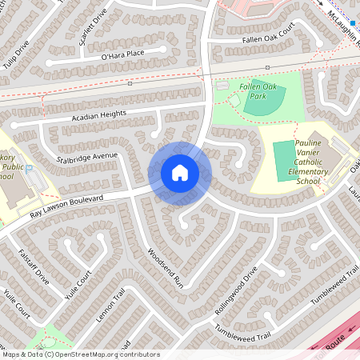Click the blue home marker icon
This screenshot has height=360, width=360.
pos(180,173)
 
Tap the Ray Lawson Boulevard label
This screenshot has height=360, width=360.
pos(68,206)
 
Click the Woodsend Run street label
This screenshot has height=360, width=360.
pos(166,267)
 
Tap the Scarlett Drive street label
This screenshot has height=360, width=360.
pos(90,28)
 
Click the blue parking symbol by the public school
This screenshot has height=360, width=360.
pos(30,169)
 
